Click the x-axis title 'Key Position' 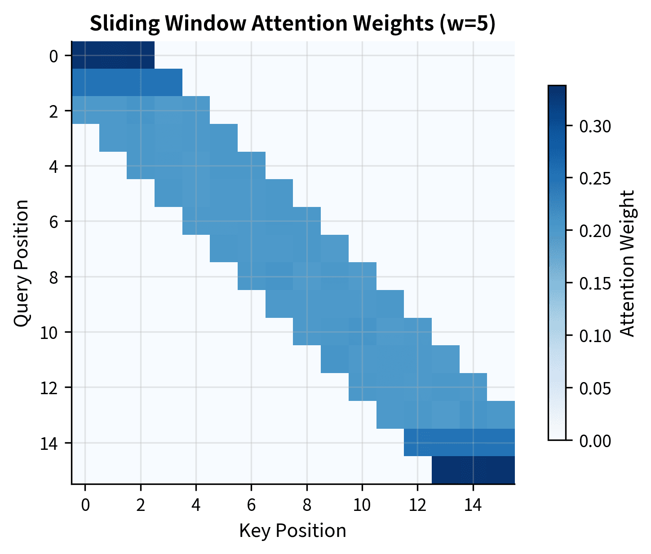[x=292, y=531]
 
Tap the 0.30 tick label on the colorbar [x=595, y=126]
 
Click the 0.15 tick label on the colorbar [x=595, y=283]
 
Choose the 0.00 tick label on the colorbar [x=595, y=441]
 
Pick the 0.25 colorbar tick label [x=595, y=179]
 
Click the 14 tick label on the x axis [x=473, y=506]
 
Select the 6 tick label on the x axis [x=251, y=506]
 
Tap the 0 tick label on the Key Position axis [x=85, y=506]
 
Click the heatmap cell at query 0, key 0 [x=85, y=55]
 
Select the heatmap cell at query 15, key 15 [x=500, y=470]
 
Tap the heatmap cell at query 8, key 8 [x=307, y=277]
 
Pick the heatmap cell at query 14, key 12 [x=418, y=443]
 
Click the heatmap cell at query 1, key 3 [x=168, y=83]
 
